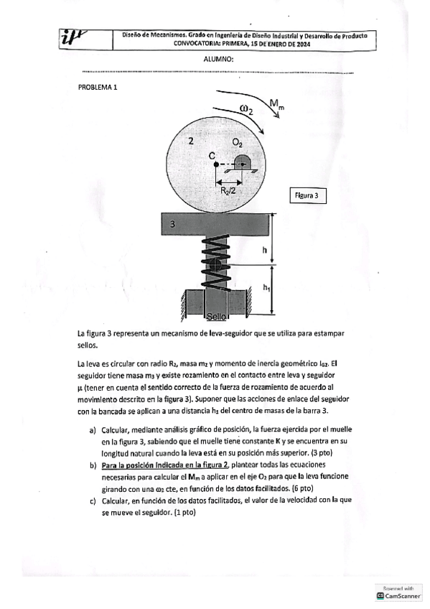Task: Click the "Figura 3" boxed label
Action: click(308, 195)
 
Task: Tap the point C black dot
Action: click(216, 164)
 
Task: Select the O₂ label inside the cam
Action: click(238, 144)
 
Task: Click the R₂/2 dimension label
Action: click(228, 190)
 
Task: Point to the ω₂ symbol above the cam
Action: click(246, 109)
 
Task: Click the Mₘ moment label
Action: click(276, 103)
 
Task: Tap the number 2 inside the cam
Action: click(190, 141)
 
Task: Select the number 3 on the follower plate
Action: click(173, 224)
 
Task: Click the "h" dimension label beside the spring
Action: click(265, 250)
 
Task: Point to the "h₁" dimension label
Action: click(266, 288)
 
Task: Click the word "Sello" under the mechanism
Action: click(216, 317)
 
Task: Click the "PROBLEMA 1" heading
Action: click(98, 87)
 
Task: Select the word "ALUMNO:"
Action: click(218, 60)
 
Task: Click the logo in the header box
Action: click(74, 38)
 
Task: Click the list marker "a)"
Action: click(93, 430)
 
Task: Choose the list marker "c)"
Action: click(93, 501)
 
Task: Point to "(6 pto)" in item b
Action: click(303, 488)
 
